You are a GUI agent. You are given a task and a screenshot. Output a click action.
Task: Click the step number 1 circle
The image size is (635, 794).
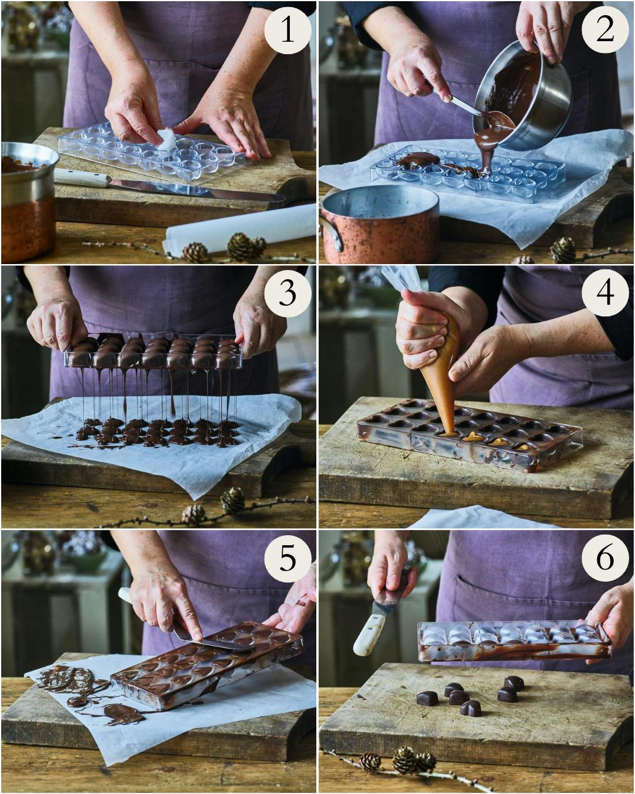288,30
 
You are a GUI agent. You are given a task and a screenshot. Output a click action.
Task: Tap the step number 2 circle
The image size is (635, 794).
605,30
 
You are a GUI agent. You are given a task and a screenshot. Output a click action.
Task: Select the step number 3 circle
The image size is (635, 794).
288,293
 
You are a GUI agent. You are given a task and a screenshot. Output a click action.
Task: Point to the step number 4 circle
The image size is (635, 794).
605,293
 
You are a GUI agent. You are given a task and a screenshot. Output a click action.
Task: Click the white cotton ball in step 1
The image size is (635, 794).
166,139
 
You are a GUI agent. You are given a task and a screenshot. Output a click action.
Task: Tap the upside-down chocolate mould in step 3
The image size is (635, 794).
153,352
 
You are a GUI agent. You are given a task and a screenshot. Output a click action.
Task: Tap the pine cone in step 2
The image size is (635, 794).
563,250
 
